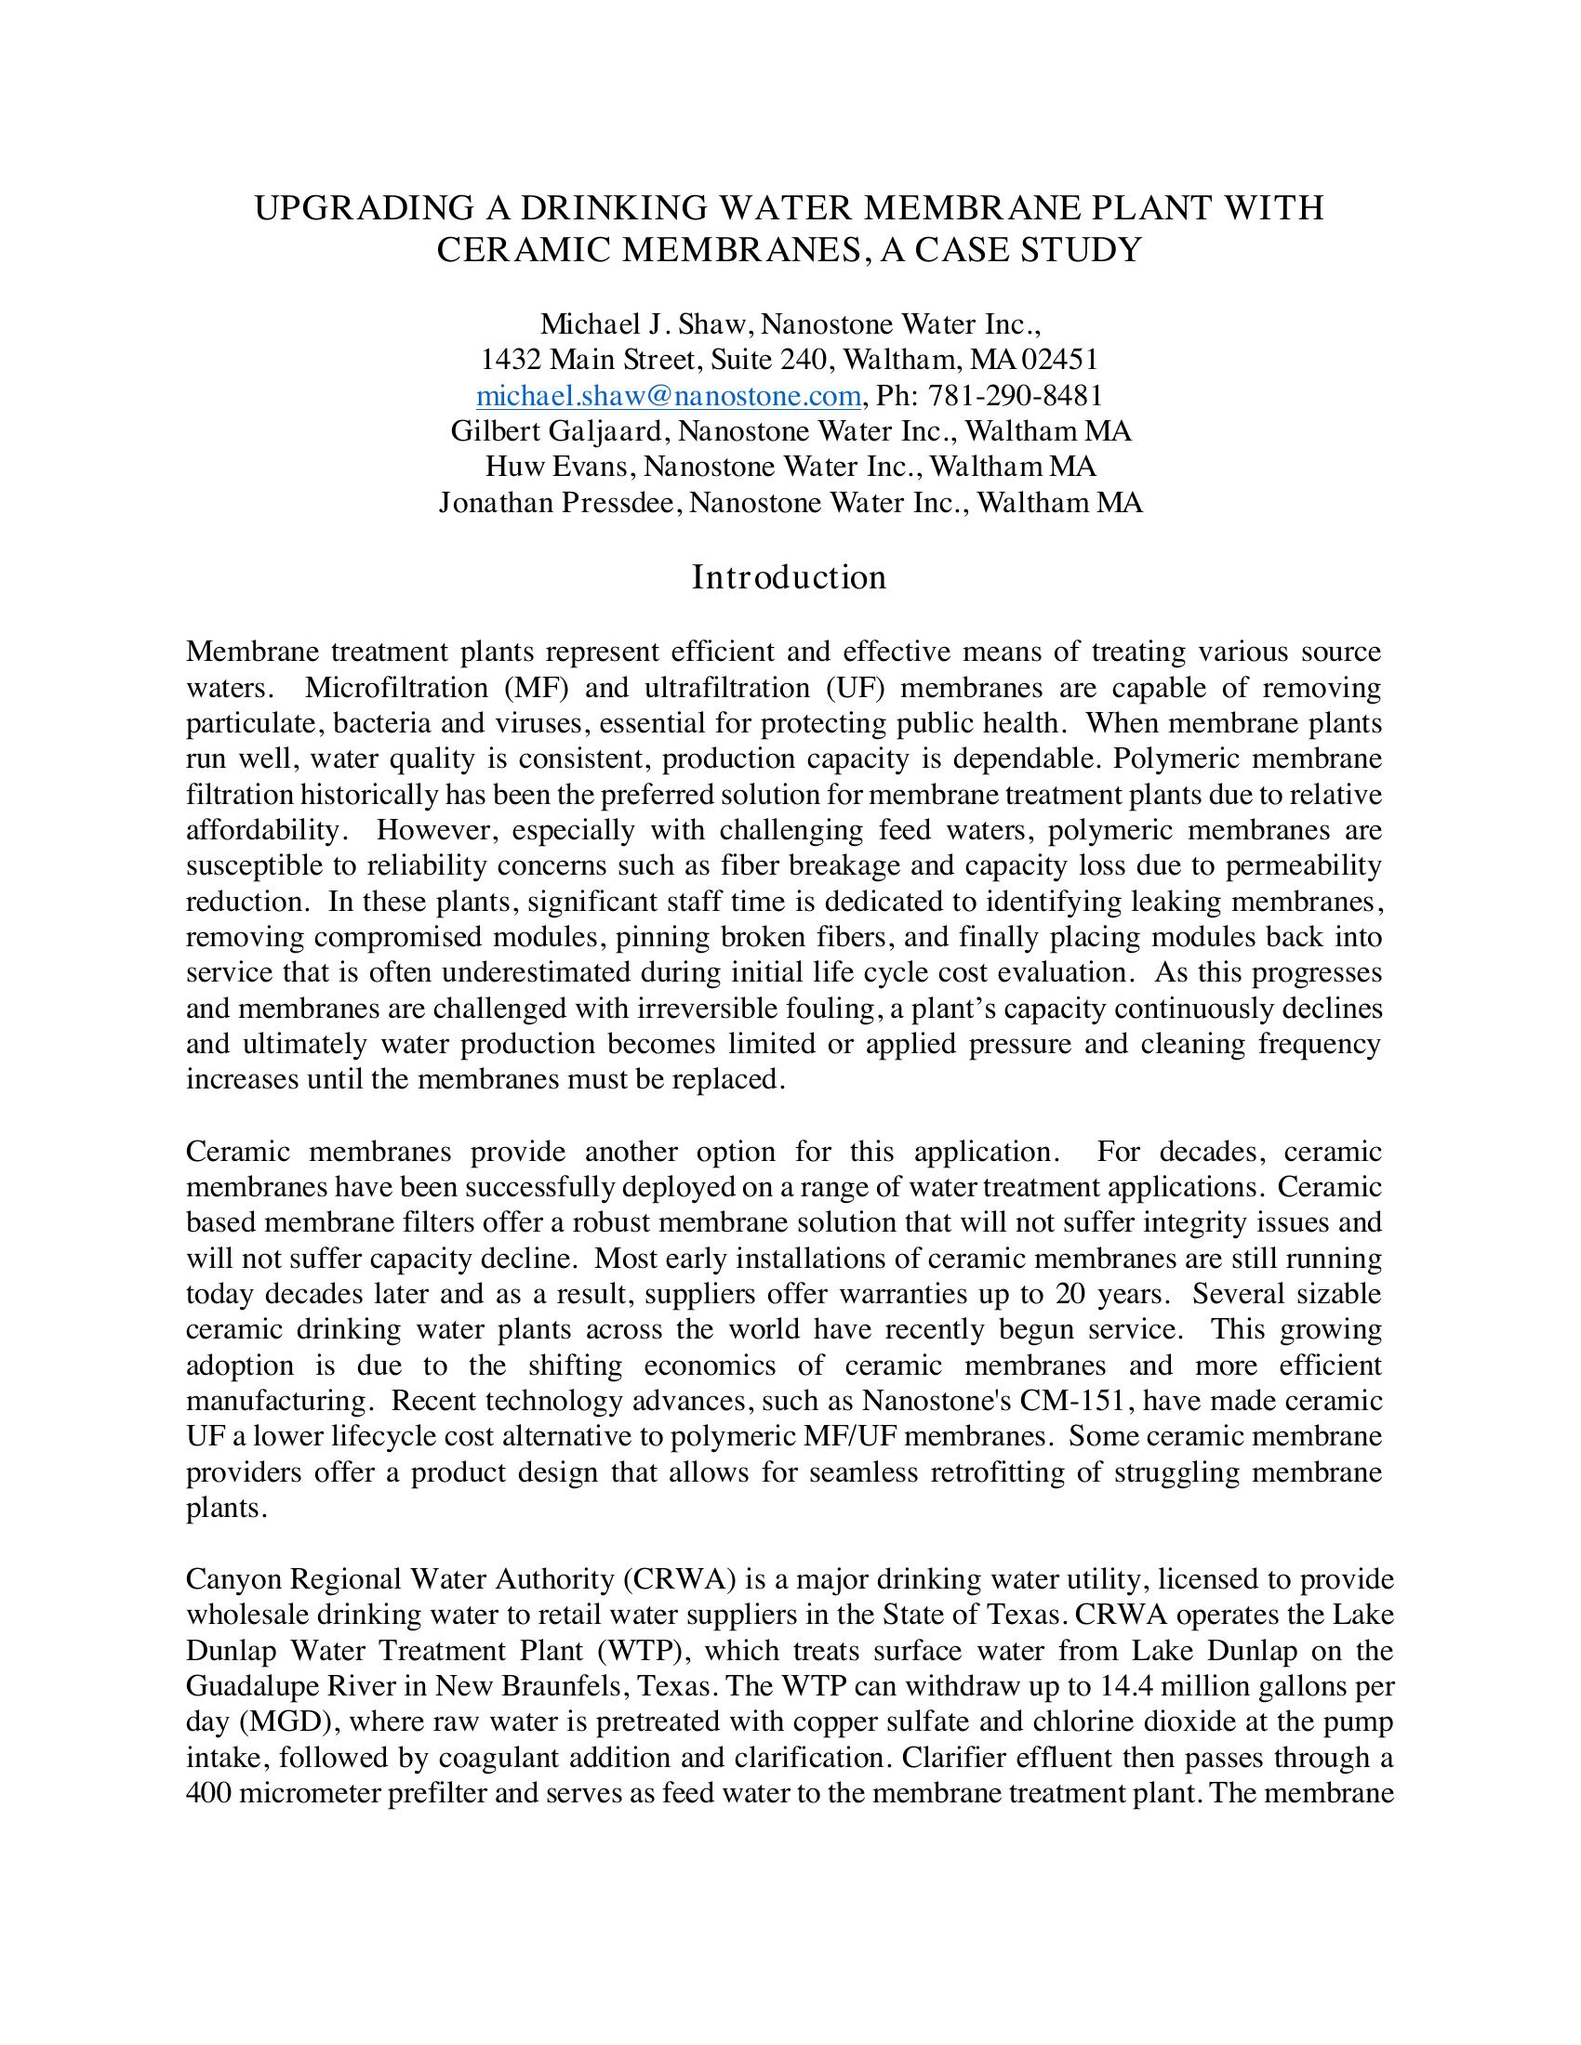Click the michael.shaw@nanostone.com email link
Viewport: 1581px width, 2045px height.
[668, 396]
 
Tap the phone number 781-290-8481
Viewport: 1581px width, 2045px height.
[1016, 396]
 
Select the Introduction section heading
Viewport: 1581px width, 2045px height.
[789, 578]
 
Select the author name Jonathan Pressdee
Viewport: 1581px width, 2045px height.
[559, 503]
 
